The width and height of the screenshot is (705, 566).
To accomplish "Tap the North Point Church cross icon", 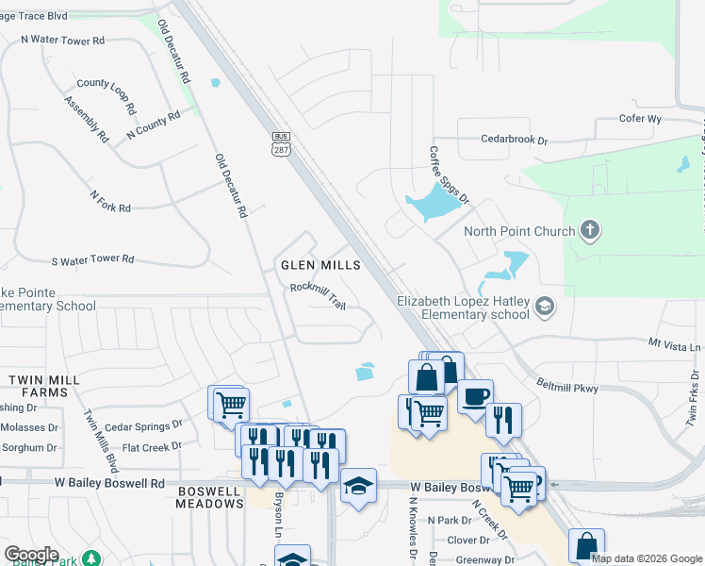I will tap(589, 231).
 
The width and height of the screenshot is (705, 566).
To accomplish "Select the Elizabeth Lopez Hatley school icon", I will tap(544, 307).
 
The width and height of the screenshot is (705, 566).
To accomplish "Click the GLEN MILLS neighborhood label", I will tap(320, 266).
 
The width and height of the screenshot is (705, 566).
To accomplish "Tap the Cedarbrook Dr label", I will tap(514, 140).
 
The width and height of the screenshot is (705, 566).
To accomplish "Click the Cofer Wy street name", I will tap(640, 119).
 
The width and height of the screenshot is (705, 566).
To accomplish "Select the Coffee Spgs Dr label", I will tap(449, 175).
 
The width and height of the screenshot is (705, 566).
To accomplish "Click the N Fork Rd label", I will tap(110, 200).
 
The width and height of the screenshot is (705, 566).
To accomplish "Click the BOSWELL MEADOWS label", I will tap(209, 496).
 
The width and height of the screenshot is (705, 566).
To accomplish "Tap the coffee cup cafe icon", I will tap(476, 396).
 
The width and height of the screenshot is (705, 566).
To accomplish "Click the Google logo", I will tap(31, 555).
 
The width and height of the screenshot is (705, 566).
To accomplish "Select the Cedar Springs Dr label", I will tap(143, 426).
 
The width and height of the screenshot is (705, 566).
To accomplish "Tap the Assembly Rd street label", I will tap(86, 119).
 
